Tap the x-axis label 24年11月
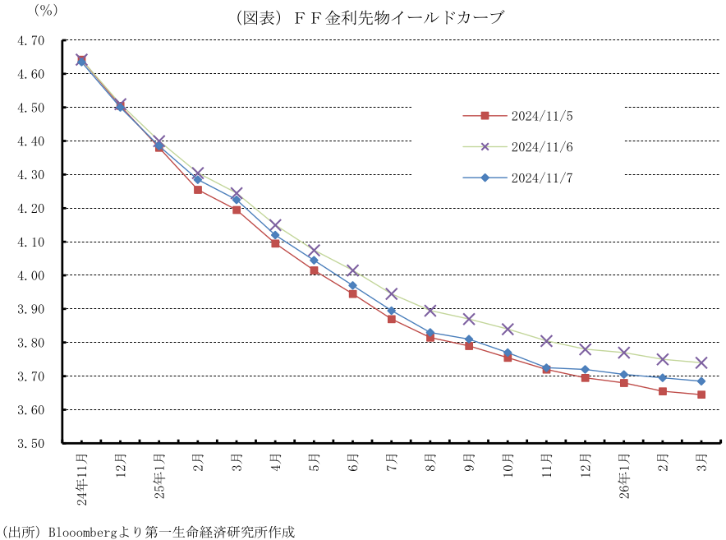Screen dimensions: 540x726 (81, 476)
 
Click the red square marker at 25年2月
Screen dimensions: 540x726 (198, 190)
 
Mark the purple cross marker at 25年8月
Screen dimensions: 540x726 (430, 311)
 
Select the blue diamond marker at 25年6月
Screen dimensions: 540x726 (353, 286)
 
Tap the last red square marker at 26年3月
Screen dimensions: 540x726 (701, 395)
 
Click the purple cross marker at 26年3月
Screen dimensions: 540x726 (701, 362)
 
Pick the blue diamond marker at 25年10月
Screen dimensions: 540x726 (508, 353)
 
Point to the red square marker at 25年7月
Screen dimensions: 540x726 (392, 319)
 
